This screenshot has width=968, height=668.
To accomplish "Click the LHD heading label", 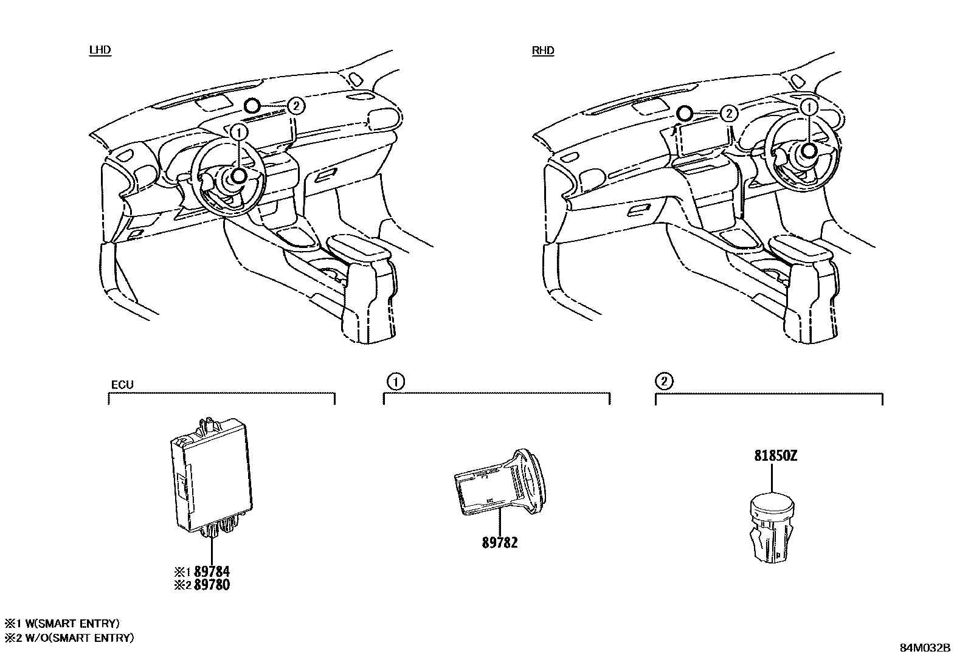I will tap(100, 50).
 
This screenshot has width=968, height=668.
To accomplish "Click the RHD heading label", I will tap(543, 50).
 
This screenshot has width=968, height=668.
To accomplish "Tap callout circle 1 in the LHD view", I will tap(240, 131).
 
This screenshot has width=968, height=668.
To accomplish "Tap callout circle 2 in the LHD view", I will tap(296, 106).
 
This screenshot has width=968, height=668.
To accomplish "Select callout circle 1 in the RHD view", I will tap(808, 107).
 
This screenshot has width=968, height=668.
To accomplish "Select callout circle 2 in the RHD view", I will tap(728, 113).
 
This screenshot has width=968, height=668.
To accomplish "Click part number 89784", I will tap(212, 571).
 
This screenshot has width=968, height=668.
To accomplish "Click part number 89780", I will tap(212, 585).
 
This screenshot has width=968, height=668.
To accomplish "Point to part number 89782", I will tap(500, 543).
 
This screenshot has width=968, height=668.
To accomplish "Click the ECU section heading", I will tap(122, 385).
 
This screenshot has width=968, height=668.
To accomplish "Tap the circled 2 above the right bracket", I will tap(664, 382).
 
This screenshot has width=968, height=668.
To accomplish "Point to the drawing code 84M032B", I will tap(925, 647).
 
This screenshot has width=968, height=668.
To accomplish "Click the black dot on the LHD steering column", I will tap(239, 176).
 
